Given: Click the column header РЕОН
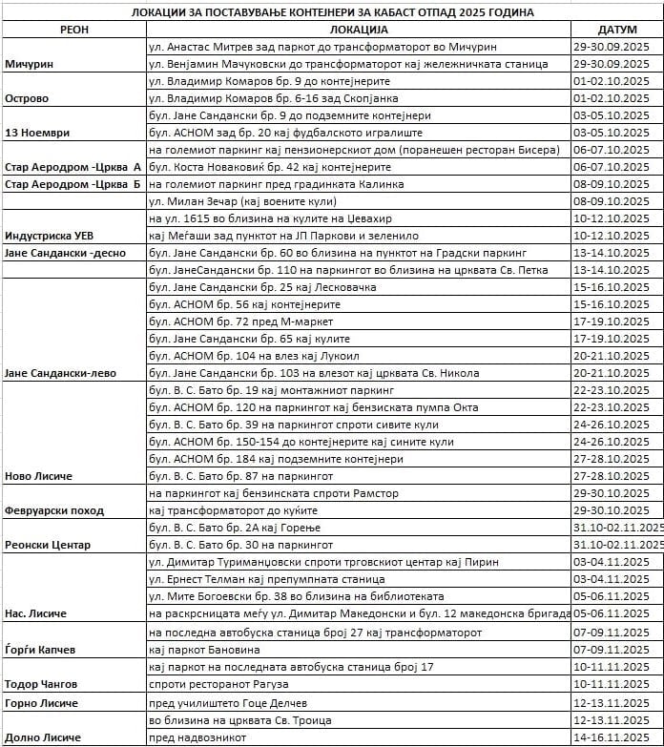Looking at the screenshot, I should pos(73,30).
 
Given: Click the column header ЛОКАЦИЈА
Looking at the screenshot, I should pos(358,30).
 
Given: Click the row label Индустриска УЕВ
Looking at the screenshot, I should pos(50,235).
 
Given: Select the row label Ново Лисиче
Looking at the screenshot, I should pos(39,475).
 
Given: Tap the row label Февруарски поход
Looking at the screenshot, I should pos(54,509).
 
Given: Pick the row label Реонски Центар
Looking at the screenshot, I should pos(48,545).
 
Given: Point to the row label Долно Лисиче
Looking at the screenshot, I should pos(43,737).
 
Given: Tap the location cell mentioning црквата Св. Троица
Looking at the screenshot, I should pos(240,719).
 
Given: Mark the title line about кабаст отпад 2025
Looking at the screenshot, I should pos(331,11).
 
